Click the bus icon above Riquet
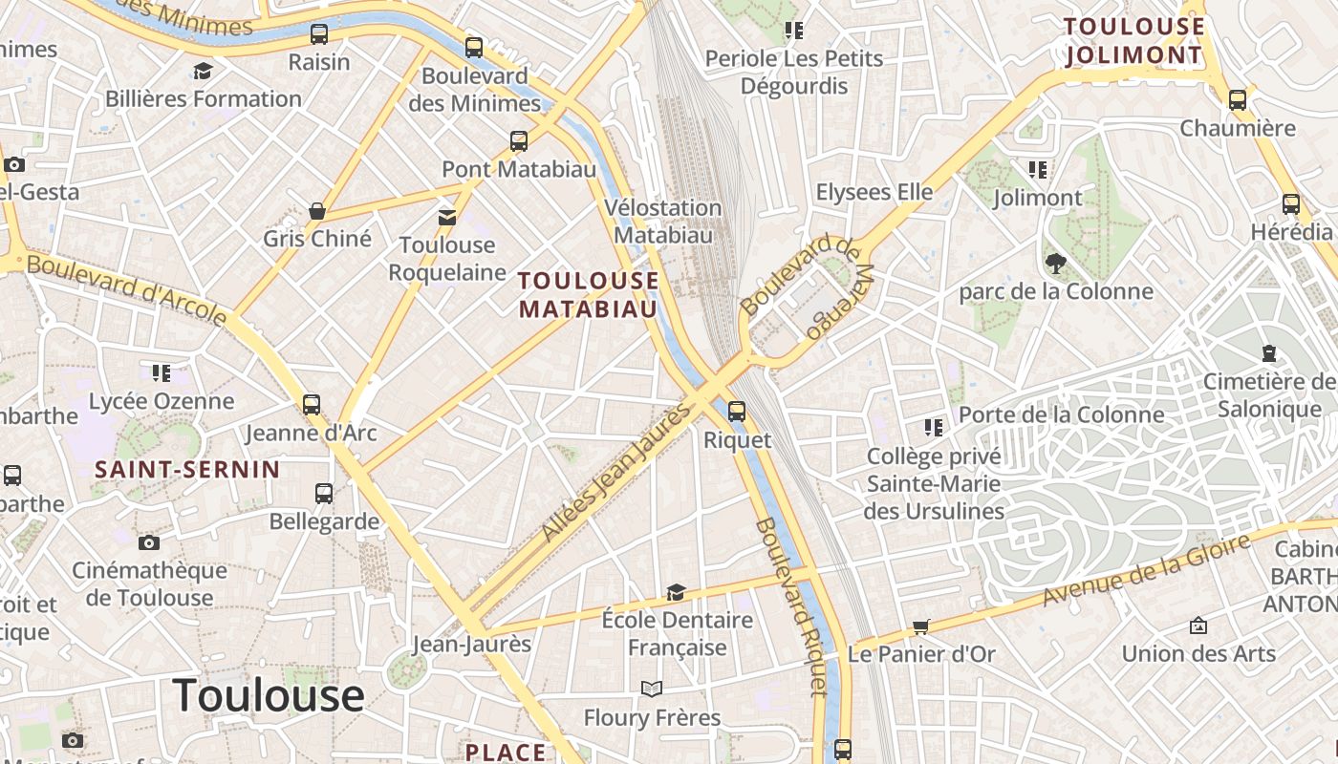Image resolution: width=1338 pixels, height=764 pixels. [x=736, y=412]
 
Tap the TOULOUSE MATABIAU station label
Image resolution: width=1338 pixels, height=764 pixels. [x=588, y=294]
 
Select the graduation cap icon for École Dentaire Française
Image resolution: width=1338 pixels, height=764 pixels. [x=676, y=592]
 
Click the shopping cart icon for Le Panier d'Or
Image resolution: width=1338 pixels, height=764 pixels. [x=920, y=626]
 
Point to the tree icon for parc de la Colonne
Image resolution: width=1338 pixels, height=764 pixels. [x=1056, y=263]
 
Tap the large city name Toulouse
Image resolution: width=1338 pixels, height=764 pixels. [x=269, y=695]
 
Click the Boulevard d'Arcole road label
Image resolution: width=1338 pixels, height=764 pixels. [x=127, y=287]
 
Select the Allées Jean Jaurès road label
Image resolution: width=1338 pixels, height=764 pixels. [x=615, y=472]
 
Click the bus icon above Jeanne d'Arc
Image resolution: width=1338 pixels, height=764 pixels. [x=312, y=404]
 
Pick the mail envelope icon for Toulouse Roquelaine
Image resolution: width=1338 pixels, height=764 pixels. [x=447, y=218]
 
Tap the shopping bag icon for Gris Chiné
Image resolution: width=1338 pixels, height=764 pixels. [x=317, y=211]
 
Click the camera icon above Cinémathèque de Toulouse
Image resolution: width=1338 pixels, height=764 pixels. [x=149, y=542]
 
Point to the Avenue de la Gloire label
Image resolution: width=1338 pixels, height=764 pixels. [x=1146, y=570]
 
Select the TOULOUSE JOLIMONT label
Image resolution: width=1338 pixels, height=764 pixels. [x=1133, y=41]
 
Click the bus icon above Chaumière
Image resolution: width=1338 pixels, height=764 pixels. [x=1238, y=99]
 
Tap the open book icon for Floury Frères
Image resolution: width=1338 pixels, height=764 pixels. [x=652, y=689]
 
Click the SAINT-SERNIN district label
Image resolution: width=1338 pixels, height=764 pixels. [x=187, y=469]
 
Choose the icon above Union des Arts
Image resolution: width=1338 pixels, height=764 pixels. [x=1198, y=626]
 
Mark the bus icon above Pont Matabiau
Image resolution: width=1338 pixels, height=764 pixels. [x=519, y=141]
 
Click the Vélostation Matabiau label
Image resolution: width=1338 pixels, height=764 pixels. [x=663, y=221]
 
